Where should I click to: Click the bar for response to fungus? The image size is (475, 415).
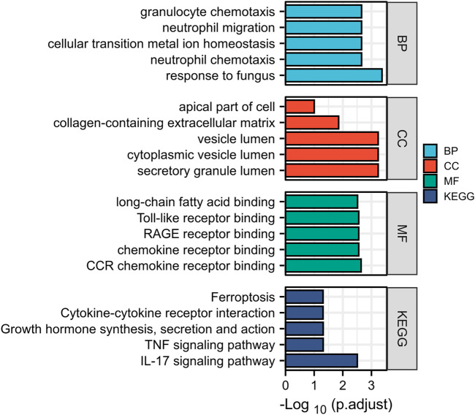(x=333, y=75)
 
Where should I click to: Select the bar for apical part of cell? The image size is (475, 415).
(x=300, y=107)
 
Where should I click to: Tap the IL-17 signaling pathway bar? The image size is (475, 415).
(x=321, y=361)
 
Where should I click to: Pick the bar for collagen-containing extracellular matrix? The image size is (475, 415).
(x=312, y=123)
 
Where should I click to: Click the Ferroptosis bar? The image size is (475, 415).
(x=304, y=297)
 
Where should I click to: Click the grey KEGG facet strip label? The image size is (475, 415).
(x=401, y=329)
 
